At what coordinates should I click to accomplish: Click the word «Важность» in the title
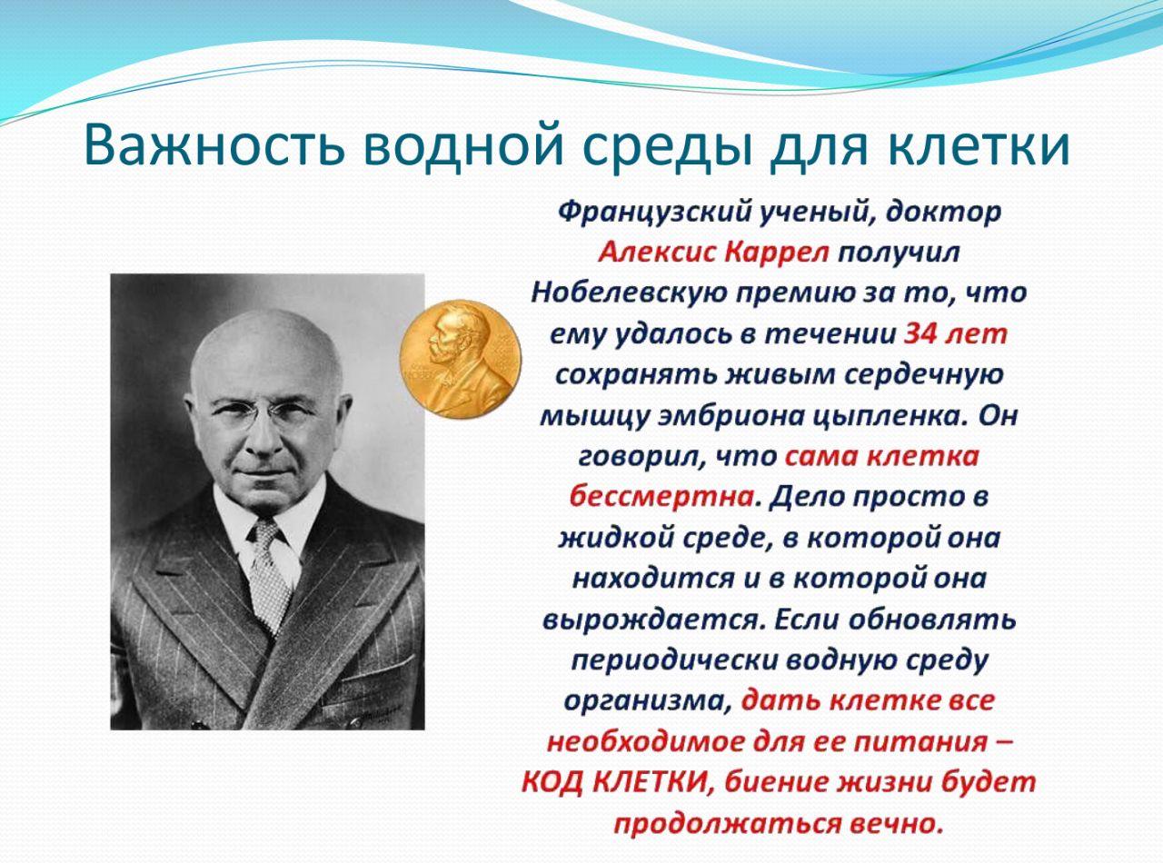(x=214, y=144)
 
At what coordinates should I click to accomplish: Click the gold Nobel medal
(x=461, y=359)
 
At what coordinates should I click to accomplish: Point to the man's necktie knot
(x=266, y=532)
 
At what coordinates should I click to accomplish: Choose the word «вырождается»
(x=651, y=620)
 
